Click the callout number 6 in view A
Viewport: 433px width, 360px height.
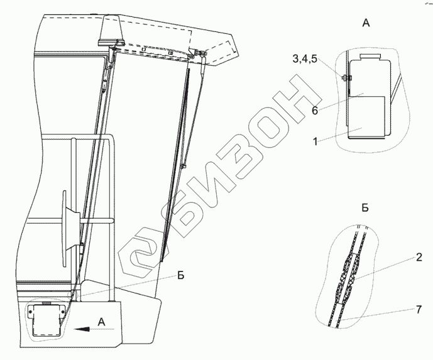tap(315, 111)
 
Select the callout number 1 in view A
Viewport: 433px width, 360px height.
tap(315, 141)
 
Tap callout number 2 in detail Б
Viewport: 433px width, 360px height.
tap(419, 258)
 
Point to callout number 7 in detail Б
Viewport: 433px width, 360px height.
tap(419, 310)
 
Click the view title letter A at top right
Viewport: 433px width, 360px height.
tap(366, 23)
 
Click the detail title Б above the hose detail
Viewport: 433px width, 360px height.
tap(365, 208)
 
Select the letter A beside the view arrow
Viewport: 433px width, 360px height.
tap(102, 322)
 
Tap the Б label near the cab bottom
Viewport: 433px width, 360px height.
tap(180, 275)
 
